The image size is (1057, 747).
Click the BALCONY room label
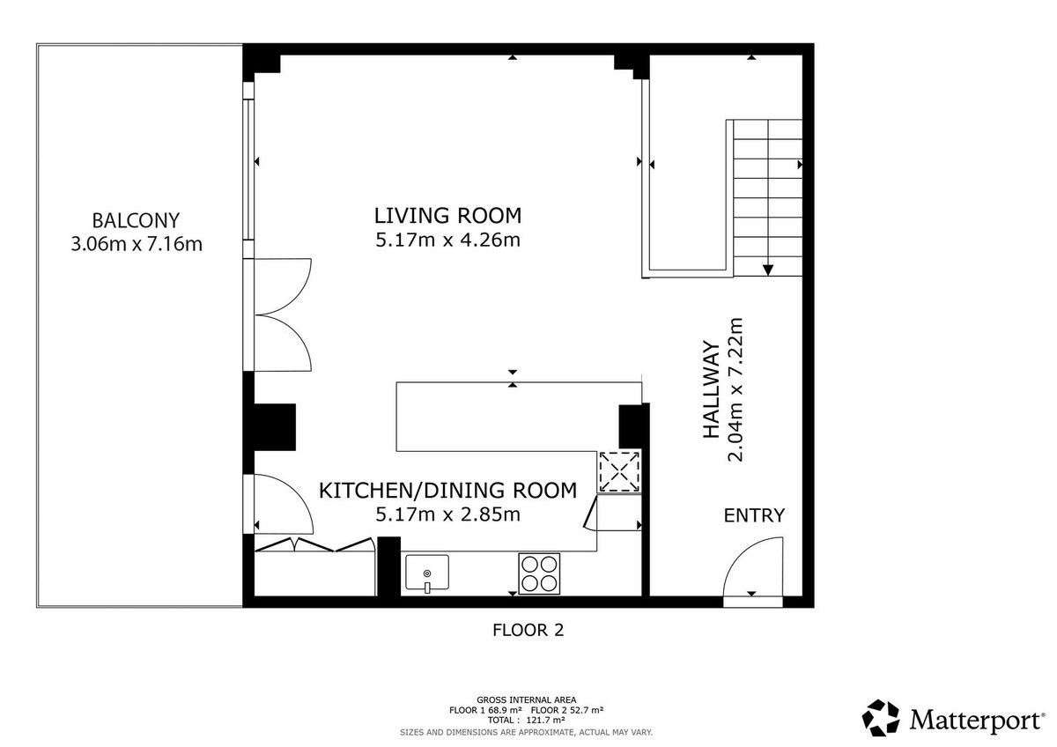point(136,220)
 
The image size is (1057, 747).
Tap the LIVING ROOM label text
point(447,215)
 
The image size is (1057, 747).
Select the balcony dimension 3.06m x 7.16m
point(136,244)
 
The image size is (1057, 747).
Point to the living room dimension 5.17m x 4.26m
point(447,240)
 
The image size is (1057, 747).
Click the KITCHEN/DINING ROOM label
point(447,491)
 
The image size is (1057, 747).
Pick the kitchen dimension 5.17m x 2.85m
point(447,514)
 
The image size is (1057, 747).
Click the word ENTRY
point(754,516)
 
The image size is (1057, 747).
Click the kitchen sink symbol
point(427,573)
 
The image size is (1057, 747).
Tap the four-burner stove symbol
point(539,573)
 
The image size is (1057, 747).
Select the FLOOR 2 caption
point(527,630)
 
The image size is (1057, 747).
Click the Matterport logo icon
point(881,718)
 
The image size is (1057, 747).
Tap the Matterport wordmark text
point(976,721)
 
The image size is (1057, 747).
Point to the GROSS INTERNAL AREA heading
point(527,699)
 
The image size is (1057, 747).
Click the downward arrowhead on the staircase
point(769,270)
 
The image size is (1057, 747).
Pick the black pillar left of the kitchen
point(275,426)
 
